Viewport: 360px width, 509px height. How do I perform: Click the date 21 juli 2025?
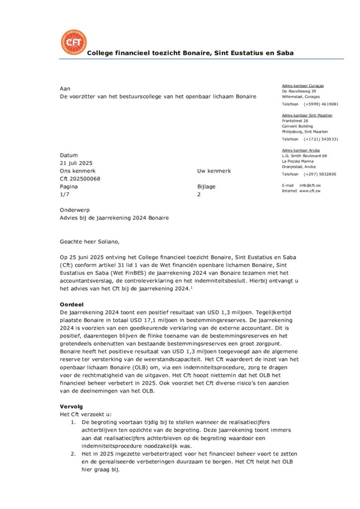click(76, 163)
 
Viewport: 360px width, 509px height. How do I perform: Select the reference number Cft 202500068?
click(80, 179)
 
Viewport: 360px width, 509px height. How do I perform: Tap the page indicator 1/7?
click(65, 195)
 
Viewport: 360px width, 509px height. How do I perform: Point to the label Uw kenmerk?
click(214, 171)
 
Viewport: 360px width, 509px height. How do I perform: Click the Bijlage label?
click(206, 187)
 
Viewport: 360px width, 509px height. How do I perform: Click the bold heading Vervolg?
click(72, 407)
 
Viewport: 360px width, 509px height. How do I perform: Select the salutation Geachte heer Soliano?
click(90, 242)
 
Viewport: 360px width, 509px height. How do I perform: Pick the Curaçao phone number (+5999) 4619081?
click(321, 104)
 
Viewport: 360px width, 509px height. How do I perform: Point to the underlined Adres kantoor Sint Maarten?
click(307, 115)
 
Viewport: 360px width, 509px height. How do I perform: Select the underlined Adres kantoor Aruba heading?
click(301, 150)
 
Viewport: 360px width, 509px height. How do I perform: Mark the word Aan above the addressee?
click(65, 88)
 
